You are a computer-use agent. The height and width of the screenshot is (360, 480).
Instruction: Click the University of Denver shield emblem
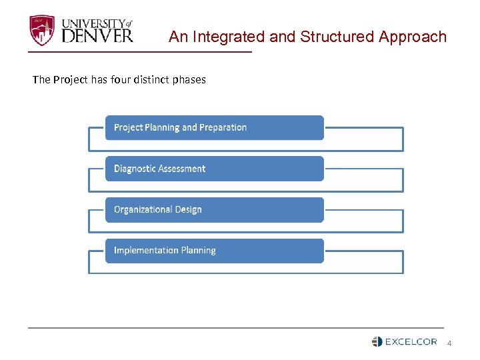tap(42, 31)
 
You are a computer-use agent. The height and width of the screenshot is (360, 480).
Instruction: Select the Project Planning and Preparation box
tap(214, 127)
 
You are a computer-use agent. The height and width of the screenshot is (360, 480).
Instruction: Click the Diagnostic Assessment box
tap(214, 169)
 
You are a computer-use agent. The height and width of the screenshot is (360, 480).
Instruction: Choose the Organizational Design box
tap(214, 209)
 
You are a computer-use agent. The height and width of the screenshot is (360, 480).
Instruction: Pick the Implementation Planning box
tap(214, 251)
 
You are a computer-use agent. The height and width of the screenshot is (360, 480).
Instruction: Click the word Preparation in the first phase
tap(223, 127)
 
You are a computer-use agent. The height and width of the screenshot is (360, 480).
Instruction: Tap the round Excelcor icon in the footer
tap(377, 342)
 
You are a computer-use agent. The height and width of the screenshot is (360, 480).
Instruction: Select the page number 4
tap(449, 343)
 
